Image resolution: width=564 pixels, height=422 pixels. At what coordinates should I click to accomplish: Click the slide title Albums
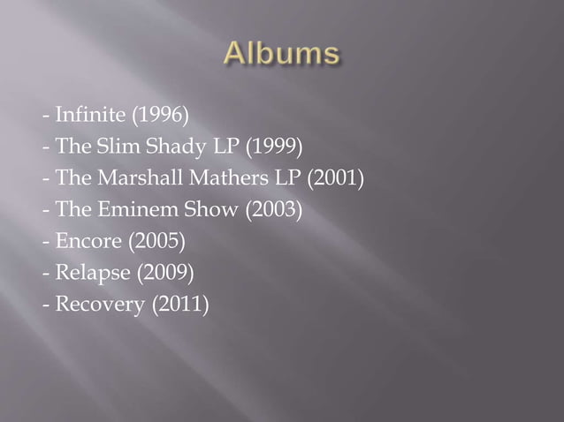tap(281, 55)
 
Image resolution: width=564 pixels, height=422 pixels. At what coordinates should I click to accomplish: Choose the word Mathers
tap(222, 179)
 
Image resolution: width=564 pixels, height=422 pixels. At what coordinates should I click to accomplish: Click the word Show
tap(194, 211)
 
